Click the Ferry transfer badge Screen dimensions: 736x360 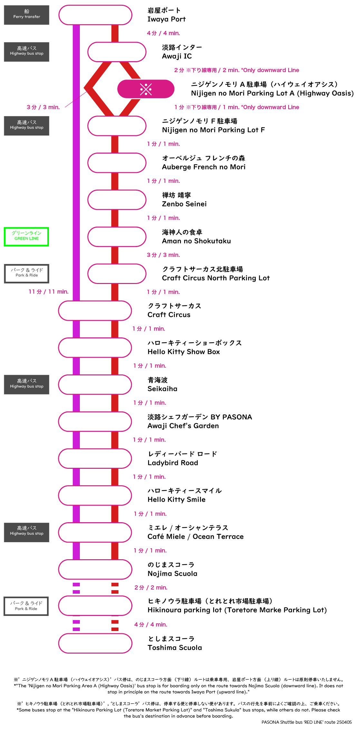click(x=26, y=15)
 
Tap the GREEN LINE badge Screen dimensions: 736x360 click(x=26, y=237)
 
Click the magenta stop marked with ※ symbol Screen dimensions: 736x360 click(x=146, y=89)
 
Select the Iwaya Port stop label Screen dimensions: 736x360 click(x=166, y=15)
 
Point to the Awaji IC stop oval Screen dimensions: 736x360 click(x=117, y=52)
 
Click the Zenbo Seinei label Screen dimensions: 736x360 click(x=184, y=200)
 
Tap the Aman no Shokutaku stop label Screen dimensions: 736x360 click(x=196, y=237)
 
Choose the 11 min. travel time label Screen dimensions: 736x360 click(x=49, y=292)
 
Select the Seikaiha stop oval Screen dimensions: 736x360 click(x=95, y=384)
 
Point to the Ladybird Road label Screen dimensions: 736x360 click(x=182, y=458)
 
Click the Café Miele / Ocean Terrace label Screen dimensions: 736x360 click(x=195, y=532)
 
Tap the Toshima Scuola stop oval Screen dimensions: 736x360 click(x=95, y=643)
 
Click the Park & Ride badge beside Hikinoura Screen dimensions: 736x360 click(x=26, y=606)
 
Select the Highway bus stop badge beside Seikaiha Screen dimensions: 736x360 click(x=26, y=384)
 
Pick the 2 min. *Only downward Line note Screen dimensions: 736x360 click(x=237, y=70)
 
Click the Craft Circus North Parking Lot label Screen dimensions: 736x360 click(x=216, y=274)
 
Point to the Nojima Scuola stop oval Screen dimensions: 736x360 click(x=95, y=569)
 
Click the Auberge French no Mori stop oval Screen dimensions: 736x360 click(x=117, y=163)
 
